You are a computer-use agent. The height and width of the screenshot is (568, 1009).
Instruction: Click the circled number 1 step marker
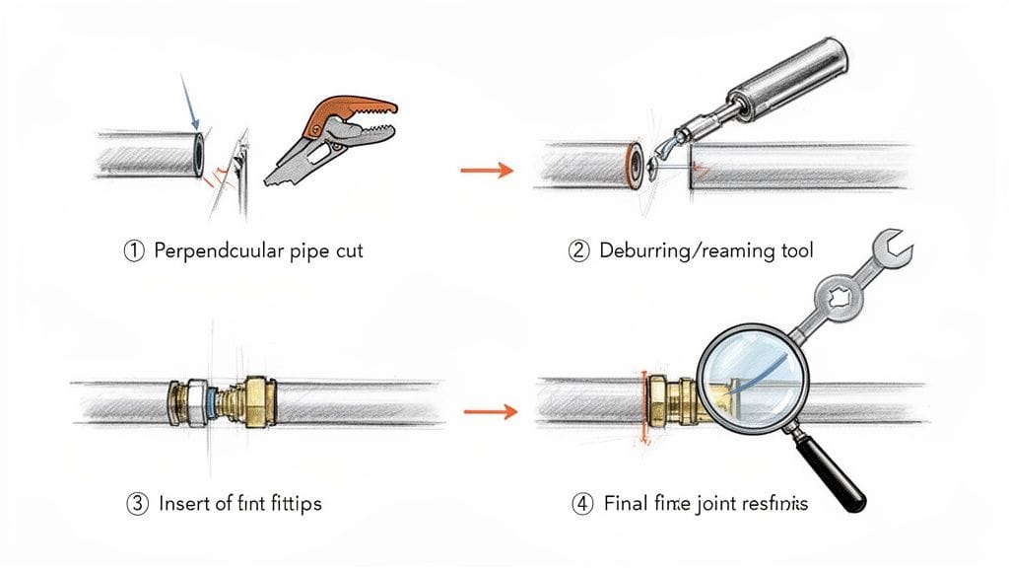132,250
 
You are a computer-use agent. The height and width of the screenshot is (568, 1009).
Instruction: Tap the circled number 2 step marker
579,250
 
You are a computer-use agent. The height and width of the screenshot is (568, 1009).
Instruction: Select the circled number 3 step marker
137,503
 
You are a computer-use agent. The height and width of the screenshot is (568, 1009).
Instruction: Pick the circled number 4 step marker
581,503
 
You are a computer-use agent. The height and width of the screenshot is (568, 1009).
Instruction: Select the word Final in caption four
625,503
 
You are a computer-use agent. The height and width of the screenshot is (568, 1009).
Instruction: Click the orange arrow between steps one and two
487,172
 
